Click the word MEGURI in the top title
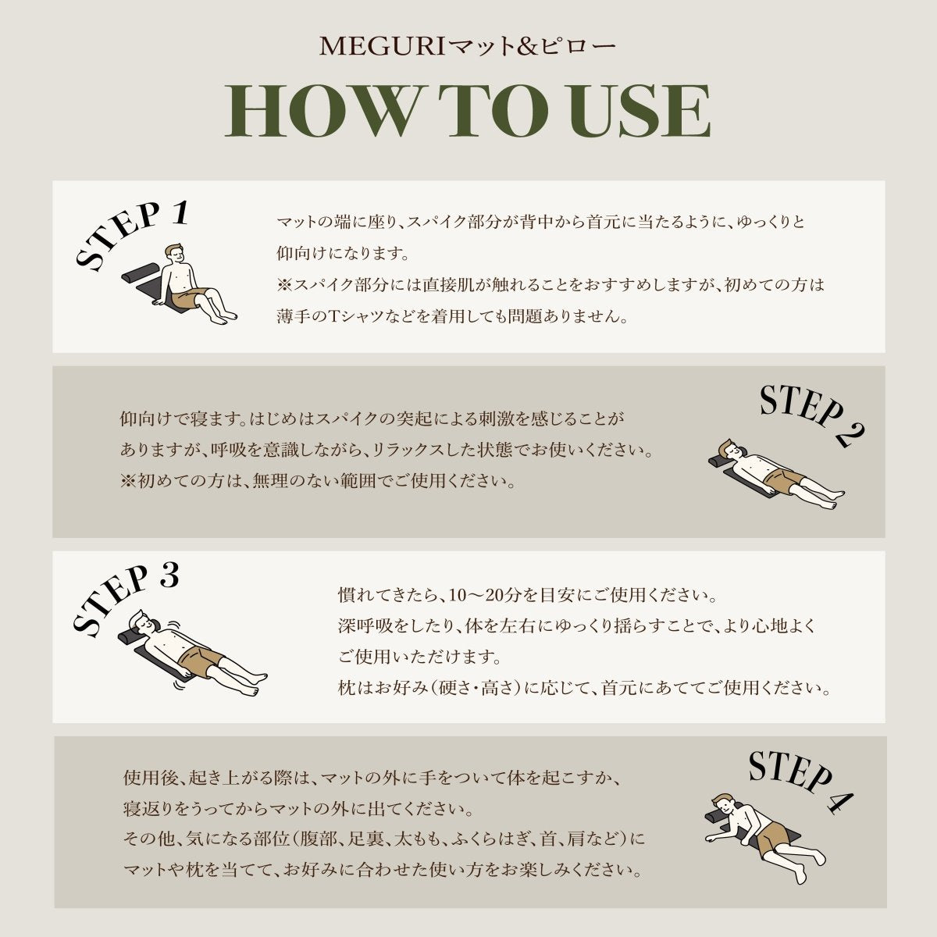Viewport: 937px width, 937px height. [x=382, y=47]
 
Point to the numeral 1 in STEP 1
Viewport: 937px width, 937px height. [x=179, y=214]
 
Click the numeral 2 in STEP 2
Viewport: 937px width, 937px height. [x=849, y=434]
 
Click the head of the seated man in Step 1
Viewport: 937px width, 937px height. [x=174, y=253]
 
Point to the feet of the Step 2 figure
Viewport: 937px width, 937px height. [x=832, y=500]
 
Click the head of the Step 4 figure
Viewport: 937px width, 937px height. [x=723, y=810]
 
